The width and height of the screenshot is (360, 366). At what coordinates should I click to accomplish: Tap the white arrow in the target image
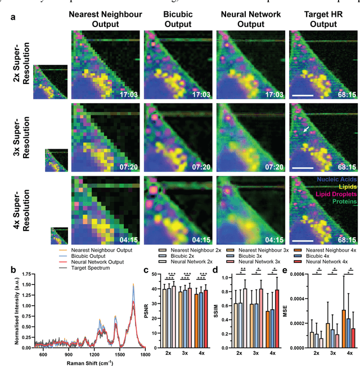(304, 130)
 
